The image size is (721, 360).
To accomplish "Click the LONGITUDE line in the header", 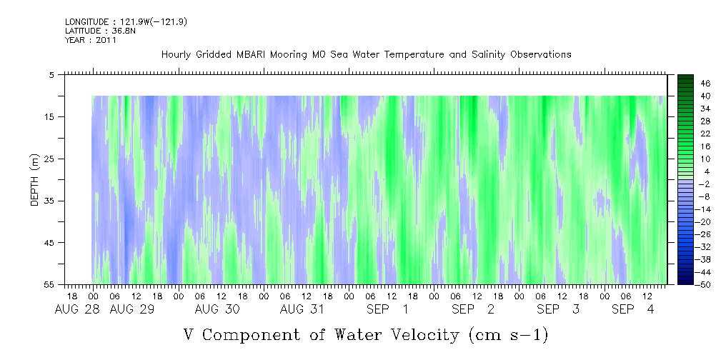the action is pyautogui.click(x=126, y=22).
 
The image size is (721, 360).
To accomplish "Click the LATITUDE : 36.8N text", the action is pyautogui.click(x=100, y=31).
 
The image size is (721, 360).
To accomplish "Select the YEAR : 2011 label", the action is pyautogui.click(x=91, y=40).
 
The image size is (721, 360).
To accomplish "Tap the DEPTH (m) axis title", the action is pyautogui.click(x=35, y=179).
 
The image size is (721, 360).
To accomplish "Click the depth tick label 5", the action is pyautogui.click(x=51, y=74).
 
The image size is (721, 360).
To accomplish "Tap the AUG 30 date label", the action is pyautogui.click(x=217, y=309).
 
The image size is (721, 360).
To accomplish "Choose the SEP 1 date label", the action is pyautogui.click(x=387, y=309).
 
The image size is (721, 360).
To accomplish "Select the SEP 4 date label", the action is pyautogui.click(x=632, y=309).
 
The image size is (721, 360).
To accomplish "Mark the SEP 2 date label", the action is pyautogui.click(x=473, y=309).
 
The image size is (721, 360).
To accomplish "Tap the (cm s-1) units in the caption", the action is pyautogui.click(x=508, y=335).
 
